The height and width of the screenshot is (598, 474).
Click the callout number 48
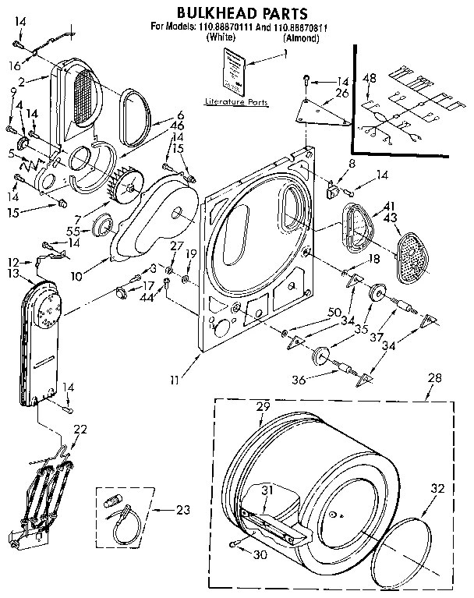click(x=370, y=78)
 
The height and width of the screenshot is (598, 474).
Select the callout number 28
click(x=433, y=378)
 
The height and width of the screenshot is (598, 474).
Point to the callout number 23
click(x=182, y=511)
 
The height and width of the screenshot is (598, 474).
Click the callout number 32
click(x=437, y=490)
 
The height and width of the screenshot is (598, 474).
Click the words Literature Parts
click(x=235, y=102)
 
